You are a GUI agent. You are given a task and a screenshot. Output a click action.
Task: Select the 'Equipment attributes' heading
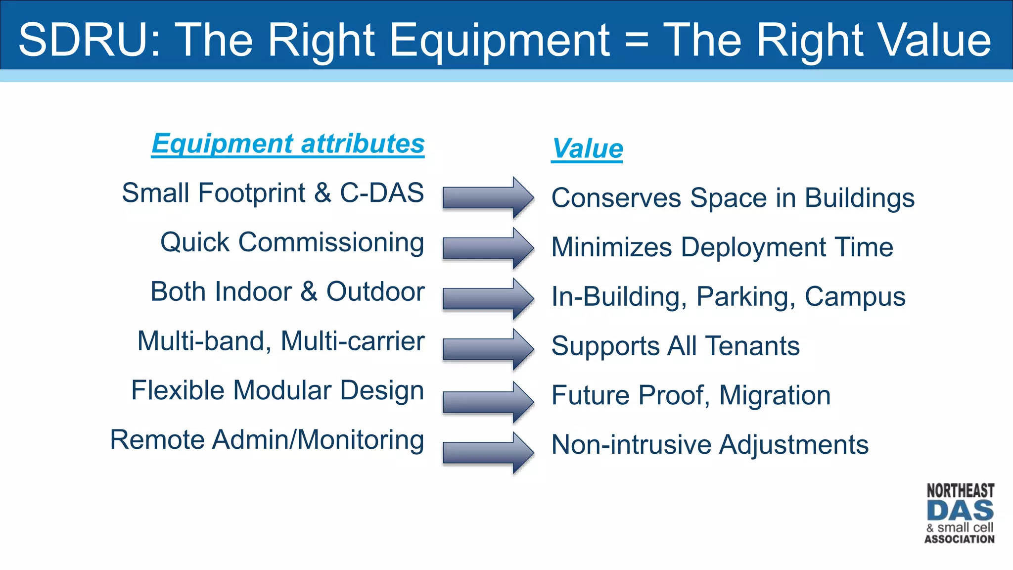point(288,143)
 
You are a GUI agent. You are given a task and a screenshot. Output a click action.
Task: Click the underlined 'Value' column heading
point(587,148)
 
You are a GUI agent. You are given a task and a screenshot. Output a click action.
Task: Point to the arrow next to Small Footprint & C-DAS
point(488,197)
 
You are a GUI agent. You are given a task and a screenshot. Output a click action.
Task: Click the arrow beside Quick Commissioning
point(488,248)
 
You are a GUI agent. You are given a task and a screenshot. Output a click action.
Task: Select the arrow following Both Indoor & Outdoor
point(488,298)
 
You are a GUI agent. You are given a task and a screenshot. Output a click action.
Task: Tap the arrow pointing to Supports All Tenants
point(488,349)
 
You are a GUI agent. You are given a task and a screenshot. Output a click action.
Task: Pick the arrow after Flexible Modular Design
point(488,401)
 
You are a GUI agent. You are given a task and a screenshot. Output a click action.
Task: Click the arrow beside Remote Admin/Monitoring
point(488,453)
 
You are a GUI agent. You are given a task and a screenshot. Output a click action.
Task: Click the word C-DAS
point(381,192)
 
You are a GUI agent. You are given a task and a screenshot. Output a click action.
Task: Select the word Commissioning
point(331,242)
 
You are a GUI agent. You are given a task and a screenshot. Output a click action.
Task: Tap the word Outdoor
point(375,291)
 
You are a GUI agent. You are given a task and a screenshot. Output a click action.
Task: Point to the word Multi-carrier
point(352,341)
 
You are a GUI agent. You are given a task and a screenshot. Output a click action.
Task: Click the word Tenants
point(752,345)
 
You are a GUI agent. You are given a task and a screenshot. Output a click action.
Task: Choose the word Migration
point(775,395)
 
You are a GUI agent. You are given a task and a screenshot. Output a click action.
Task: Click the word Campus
point(855,296)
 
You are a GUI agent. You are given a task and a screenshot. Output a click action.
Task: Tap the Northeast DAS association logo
point(960,514)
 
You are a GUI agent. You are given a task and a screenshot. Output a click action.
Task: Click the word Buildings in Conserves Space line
point(859,198)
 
